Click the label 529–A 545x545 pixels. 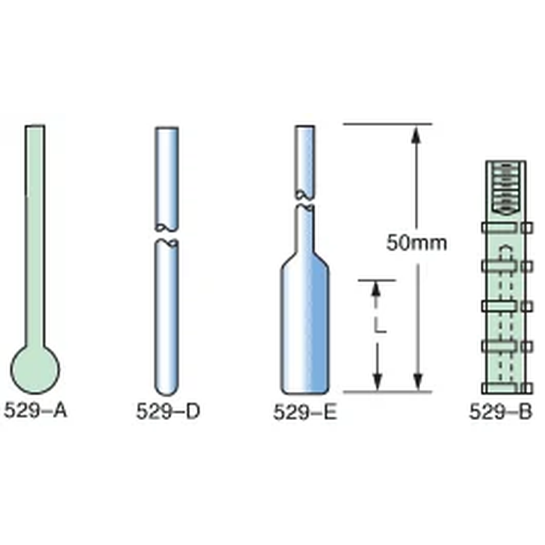pos(35,410)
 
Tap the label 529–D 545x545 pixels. pos(168,411)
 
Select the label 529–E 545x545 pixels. pos(305,412)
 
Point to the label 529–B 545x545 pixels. pos(500,412)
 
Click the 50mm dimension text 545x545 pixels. pos(417,243)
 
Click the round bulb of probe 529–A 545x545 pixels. pos(35,369)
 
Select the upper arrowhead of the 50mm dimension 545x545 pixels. pos(416,135)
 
